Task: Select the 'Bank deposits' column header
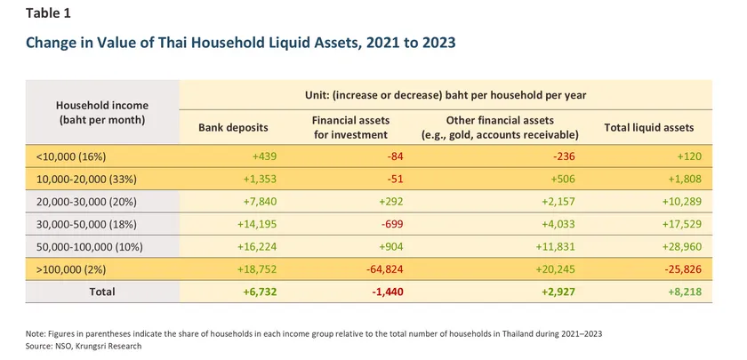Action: click(x=232, y=128)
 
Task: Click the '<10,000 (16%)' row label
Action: click(x=71, y=156)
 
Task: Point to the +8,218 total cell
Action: click(x=694, y=292)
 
